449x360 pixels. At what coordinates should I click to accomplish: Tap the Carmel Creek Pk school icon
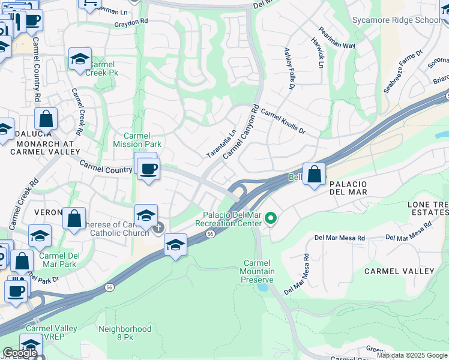pyautogui.click(x=79, y=59)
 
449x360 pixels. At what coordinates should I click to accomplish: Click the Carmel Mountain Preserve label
pyautogui.click(x=259, y=271)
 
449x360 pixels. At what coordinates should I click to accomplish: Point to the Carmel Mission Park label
pyautogui.click(x=136, y=140)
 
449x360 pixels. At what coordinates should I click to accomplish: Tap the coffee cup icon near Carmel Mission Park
pyautogui.click(x=148, y=169)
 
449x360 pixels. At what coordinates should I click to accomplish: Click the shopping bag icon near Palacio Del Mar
pyautogui.click(x=314, y=175)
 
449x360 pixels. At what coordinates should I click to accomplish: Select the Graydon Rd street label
pyautogui.click(x=131, y=22)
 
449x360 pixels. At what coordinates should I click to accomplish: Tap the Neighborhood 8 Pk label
pyautogui.click(x=125, y=333)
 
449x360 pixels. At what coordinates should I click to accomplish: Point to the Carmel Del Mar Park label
pyautogui.click(x=58, y=259)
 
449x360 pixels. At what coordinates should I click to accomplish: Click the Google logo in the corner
pyautogui.click(x=20, y=353)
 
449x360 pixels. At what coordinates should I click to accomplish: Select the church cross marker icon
pyautogui.click(x=158, y=227)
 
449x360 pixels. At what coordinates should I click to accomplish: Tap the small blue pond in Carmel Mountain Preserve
pyautogui.click(x=262, y=287)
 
